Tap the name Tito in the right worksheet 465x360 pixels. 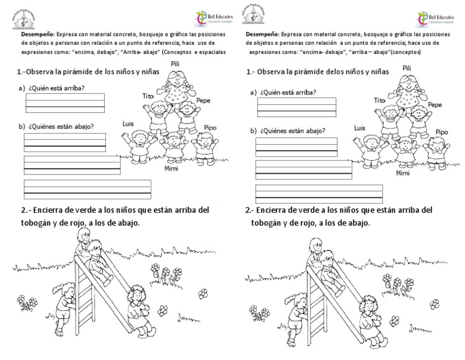coord(380,100)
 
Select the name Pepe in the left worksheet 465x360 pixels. coord(203,101)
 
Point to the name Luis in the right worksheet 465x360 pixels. coord(360,128)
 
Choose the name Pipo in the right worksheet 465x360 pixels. coord(441,132)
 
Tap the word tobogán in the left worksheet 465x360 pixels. coord(30,222)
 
